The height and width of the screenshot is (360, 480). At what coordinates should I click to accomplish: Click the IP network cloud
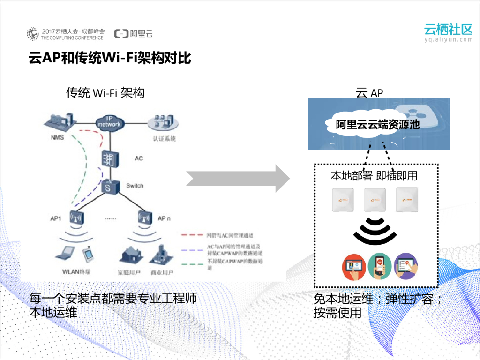[x=109, y=123]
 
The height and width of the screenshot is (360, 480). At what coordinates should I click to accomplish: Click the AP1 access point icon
[x=76, y=218]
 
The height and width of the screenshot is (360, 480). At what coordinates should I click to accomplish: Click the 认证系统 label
[x=164, y=139]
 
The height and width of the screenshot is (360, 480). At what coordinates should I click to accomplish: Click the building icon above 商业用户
[x=161, y=255]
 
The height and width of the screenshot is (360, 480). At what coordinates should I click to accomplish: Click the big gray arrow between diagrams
[x=238, y=179]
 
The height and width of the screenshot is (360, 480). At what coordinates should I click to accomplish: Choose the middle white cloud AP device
[x=375, y=200]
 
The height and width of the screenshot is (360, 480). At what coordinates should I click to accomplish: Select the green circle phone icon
[x=380, y=267]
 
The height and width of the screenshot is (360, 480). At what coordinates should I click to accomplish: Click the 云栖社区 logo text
[x=448, y=29]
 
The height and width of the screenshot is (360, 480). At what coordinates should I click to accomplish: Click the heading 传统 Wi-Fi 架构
[x=105, y=93]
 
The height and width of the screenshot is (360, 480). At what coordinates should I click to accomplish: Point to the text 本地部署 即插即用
[x=374, y=176]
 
